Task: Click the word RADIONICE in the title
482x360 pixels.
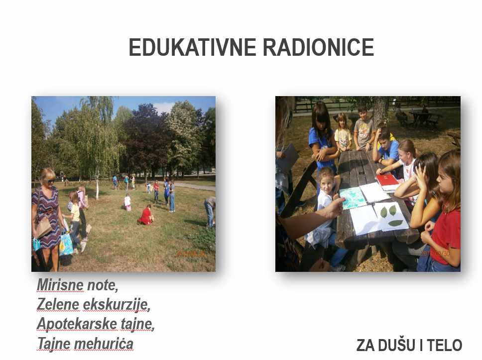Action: point(319,47)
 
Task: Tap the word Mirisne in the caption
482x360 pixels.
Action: point(60,285)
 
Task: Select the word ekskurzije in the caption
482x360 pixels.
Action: point(117,305)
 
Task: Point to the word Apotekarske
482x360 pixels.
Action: point(77,324)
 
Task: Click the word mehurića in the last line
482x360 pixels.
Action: point(104,344)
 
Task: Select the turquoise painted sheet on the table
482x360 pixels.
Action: point(353,198)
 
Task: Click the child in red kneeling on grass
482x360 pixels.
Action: point(145,215)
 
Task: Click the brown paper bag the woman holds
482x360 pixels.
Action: point(43,228)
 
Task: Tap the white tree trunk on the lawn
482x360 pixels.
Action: point(97,189)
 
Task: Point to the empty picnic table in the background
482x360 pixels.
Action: point(421,119)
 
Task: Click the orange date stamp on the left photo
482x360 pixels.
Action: point(190,253)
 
